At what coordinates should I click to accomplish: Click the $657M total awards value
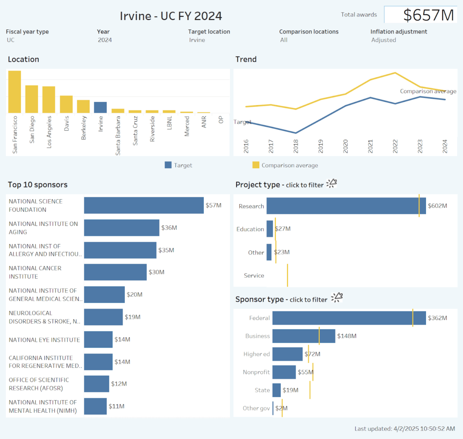pyautogui.click(x=428, y=15)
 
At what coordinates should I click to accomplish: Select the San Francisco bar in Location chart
pyautogui.click(x=14, y=92)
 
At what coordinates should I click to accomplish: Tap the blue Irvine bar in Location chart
pyautogui.click(x=100, y=107)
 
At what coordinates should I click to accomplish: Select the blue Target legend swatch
pyautogui.click(x=168, y=165)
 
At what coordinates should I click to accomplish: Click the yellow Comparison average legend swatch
pyautogui.click(x=255, y=165)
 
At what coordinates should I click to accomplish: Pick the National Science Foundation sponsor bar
pyautogui.click(x=144, y=205)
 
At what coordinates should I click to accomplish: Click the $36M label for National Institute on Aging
pyautogui.click(x=169, y=228)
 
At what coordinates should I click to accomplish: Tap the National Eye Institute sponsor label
pyautogui.click(x=44, y=340)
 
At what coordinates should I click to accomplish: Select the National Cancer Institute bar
pyautogui.click(x=115, y=272)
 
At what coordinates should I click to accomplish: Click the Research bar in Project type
pyautogui.click(x=346, y=206)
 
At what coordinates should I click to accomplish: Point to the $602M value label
pyautogui.click(x=438, y=206)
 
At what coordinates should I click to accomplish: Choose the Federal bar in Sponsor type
pyautogui.click(x=349, y=318)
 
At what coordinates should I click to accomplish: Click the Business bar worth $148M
pyautogui.click(x=303, y=336)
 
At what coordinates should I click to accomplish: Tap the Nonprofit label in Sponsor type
pyautogui.click(x=256, y=372)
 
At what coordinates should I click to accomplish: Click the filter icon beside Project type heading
pyautogui.click(x=332, y=183)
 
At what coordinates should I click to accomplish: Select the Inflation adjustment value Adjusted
pyautogui.click(x=383, y=40)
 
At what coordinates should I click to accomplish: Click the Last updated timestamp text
pyautogui.click(x=405, y=429)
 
